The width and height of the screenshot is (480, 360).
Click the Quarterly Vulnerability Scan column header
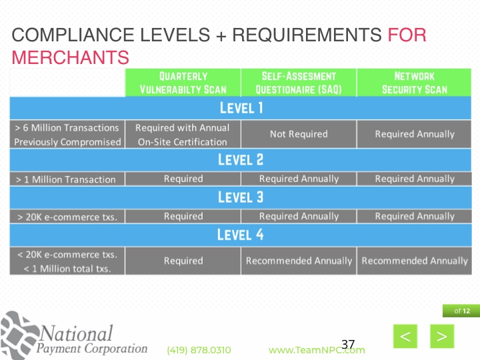[183, 83]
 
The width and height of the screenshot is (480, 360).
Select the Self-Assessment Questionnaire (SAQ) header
[298, 83]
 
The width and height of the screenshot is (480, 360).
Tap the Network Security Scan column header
[414, 83]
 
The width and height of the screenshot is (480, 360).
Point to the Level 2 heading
[241, 159]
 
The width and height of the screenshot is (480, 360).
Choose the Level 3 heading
[241, 197]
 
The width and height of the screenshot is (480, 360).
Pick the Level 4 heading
[241, 235]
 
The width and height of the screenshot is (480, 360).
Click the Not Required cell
[298, 134]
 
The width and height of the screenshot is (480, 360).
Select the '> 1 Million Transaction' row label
[65, 179]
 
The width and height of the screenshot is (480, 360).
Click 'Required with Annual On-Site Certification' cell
[183, 134]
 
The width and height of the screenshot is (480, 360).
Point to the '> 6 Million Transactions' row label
[67, 127]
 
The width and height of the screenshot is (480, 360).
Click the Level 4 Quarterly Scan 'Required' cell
[183, 261]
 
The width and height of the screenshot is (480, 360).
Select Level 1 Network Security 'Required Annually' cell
[414, 134]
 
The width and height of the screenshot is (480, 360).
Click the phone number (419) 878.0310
[199, 350]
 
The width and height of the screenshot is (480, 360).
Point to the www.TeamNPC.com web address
[316, 350]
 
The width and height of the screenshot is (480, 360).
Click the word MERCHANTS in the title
[70, 57]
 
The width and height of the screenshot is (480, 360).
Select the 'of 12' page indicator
[461, 311]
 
